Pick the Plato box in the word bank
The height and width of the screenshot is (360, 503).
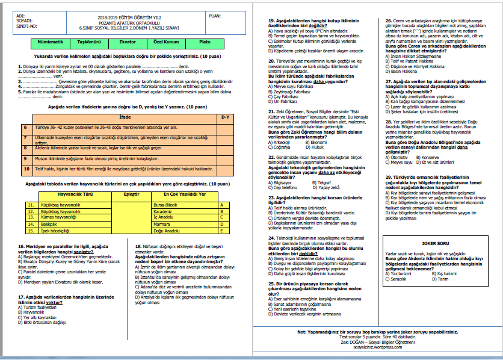point(204,43)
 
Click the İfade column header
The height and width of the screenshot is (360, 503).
point(125,117)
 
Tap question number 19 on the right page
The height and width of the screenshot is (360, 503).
point(271,21)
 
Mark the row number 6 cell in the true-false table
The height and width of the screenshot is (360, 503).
point(25,128)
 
